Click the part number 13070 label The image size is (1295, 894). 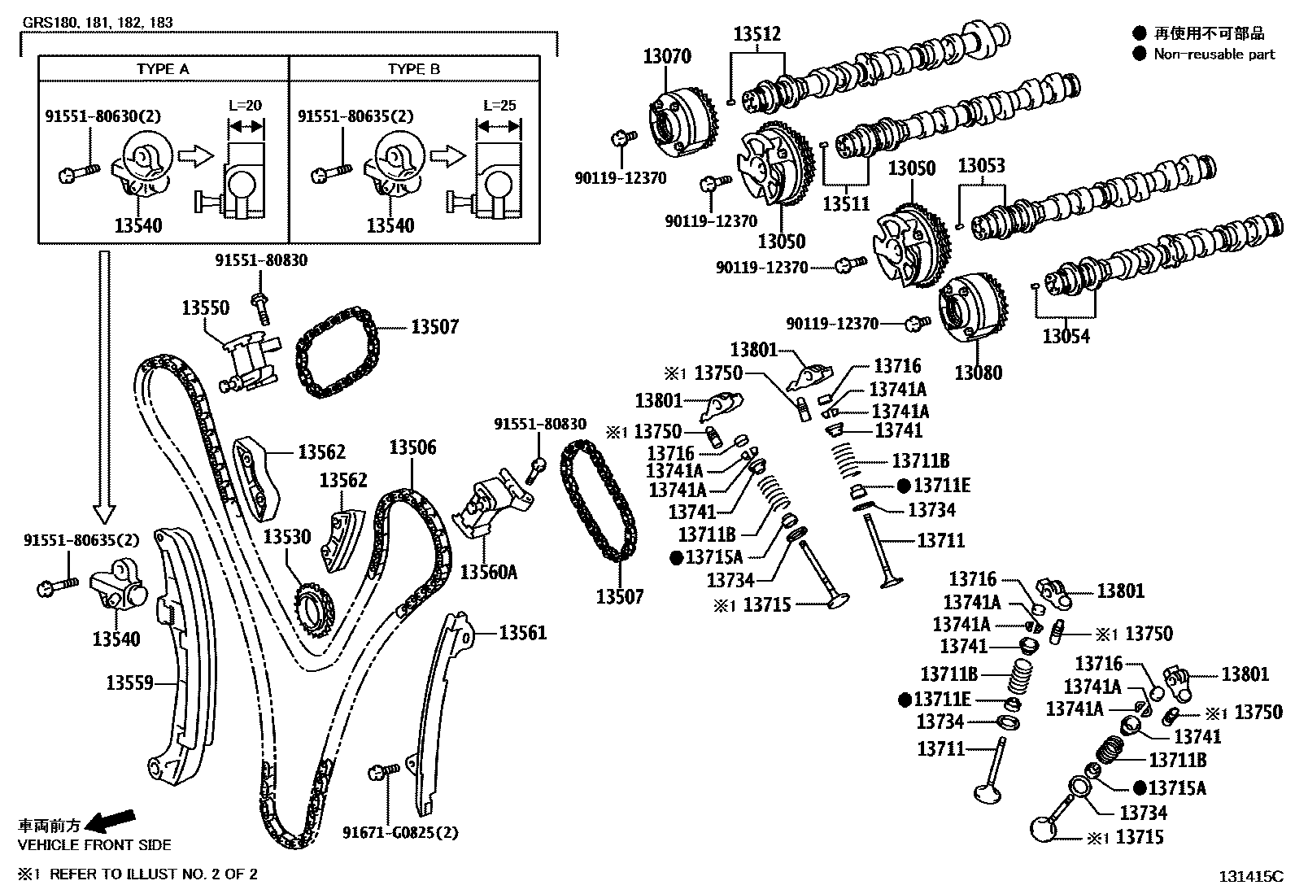click(x=667, y=56)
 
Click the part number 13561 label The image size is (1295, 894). click(x=523, y=632)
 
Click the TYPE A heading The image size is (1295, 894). click(x=163, y=69)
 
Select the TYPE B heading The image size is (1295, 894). click(x=413, y=69)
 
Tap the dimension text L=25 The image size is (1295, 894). click(x=498, y=106)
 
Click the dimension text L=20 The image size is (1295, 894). click(x=245, y=106)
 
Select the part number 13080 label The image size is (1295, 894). click(x=978, y=373)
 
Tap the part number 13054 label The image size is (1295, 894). click(x=1066, y=336)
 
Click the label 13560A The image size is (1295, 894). click(x=488, y=571)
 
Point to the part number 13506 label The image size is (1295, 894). click(x=412, y=447)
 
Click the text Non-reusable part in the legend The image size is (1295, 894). click(x=1214, y=55)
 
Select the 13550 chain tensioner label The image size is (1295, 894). click(x=205, y=308)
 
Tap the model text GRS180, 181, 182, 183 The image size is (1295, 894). click(x=98, y=23)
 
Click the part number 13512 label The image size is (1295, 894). click(x=757, y=34)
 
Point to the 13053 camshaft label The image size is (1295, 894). click(x=981, y=166)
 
